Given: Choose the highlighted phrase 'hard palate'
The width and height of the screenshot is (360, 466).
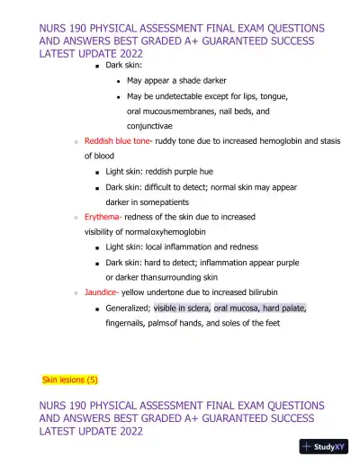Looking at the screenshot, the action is [283, 308].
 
